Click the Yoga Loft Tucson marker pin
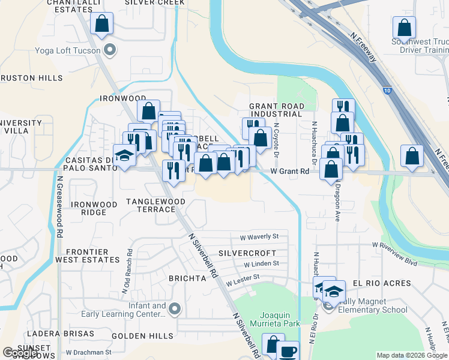pos(109,49)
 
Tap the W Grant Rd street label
pos(289,172)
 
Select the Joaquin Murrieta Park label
pos(279,319)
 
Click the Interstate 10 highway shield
pos(388,90)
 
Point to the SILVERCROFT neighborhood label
pos(247,253)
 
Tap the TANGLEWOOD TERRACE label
pos(151,205)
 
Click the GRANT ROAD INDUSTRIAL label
pos(277,110)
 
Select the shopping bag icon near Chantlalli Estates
pos(102,25)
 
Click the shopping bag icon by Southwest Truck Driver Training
pos(404,28)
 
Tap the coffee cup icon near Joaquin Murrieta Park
pos(288,351)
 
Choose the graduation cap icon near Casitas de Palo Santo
pos(125,155)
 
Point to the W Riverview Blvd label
pos(394,245)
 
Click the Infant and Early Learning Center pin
pos(175,310)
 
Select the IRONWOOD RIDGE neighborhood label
pos(94,208)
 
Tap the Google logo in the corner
pos(20,353)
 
